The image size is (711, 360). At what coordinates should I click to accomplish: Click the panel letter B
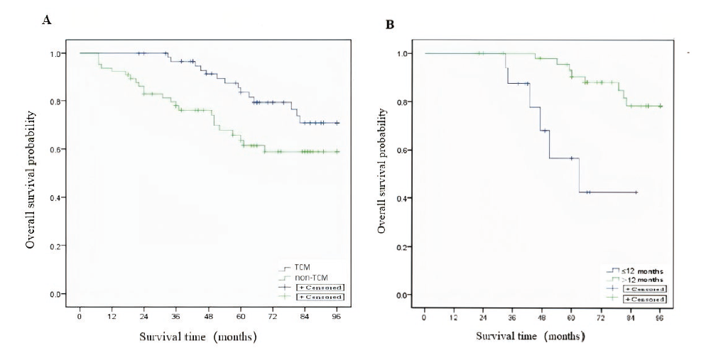point(389,25)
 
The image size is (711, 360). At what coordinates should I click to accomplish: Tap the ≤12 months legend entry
point(636,271)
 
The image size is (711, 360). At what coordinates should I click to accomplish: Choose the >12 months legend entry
point(636,280)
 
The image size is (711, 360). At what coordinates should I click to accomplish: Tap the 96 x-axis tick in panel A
point(337,317)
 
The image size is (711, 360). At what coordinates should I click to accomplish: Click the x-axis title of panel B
point(531,335)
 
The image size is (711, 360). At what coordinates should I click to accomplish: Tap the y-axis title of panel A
point(31,173)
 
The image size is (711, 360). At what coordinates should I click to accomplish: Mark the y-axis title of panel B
point(383,174)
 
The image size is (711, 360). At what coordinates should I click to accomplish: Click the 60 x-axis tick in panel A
point(241,317)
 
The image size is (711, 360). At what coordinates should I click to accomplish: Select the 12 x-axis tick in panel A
point(112,317)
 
